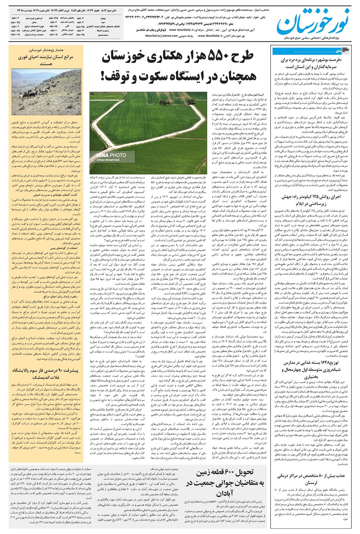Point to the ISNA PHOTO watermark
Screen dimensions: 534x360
click(x=111, y=156)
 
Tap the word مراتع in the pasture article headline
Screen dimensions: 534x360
click(x=68, y=57)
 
